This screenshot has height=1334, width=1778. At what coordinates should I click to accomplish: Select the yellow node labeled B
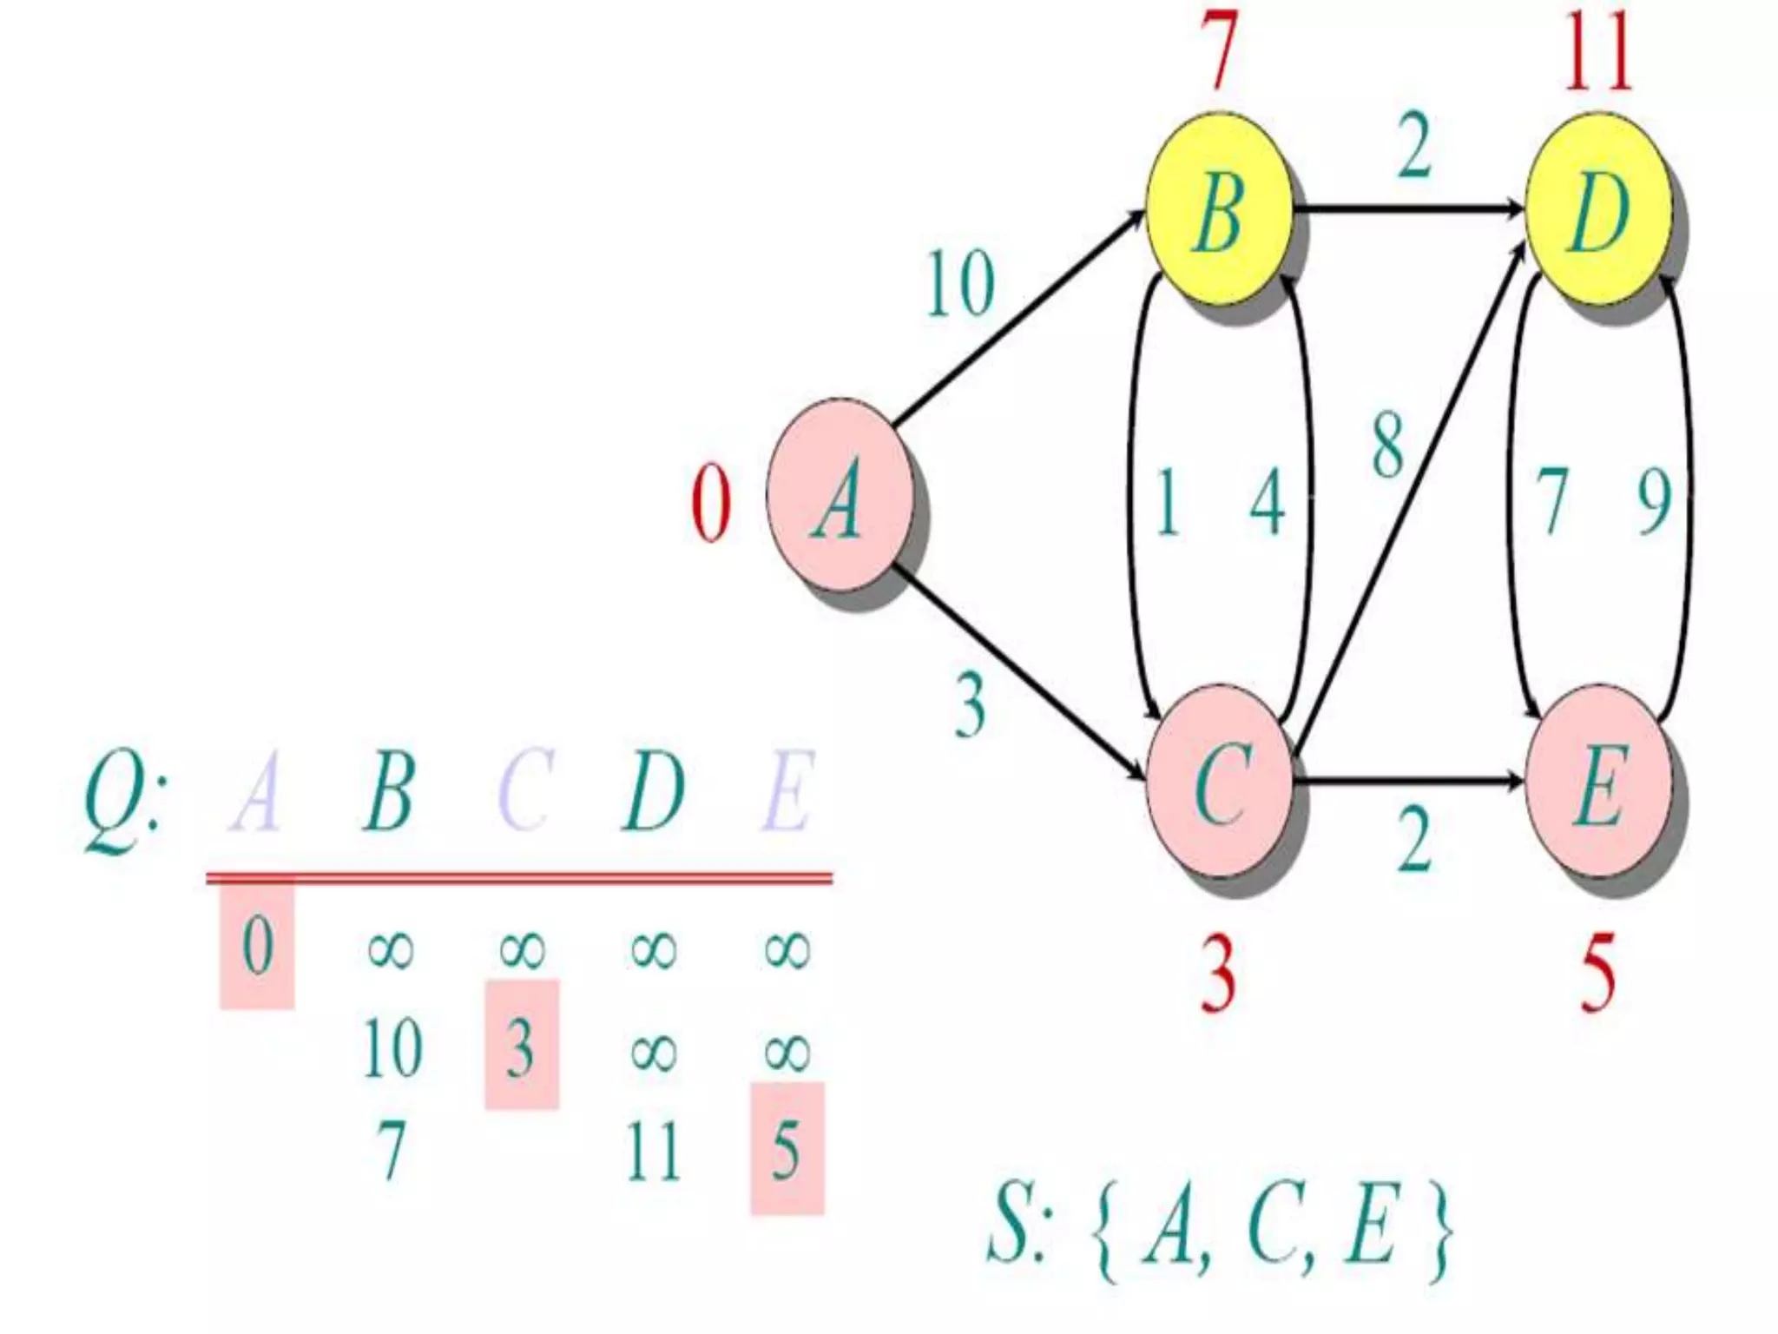point(1219,209)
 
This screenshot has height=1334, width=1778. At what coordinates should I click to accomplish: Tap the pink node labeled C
point(1221,783)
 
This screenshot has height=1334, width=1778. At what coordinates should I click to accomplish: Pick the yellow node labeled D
point(1598,209)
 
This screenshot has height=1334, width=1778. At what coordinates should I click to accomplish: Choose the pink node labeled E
point(1598,783)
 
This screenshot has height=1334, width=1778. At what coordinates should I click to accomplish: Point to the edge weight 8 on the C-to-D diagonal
point(1387,445)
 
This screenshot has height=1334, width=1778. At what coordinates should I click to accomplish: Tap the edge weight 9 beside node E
point(1654,502)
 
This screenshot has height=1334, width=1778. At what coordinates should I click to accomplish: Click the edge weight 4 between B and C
point(1267,502)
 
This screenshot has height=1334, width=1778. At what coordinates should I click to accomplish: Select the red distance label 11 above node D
point(1598,54)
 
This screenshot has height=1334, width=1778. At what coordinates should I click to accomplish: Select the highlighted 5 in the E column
point(787,1150)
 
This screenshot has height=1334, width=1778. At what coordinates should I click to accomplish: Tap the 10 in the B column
point(392,1048)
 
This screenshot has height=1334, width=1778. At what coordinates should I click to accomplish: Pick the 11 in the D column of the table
point(654,1152)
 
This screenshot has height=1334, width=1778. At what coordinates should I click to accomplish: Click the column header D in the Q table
point(653,791)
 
